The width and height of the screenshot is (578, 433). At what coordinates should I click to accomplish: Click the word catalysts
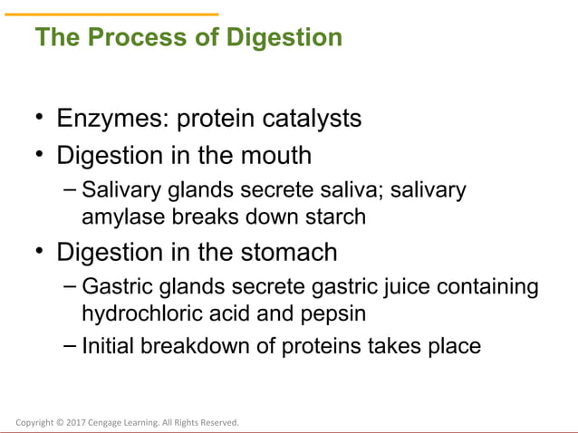point(310,119)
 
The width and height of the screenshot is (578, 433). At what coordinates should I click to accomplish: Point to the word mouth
point(276,156)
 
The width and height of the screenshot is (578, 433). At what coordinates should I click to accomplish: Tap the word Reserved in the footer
point(220,422)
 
